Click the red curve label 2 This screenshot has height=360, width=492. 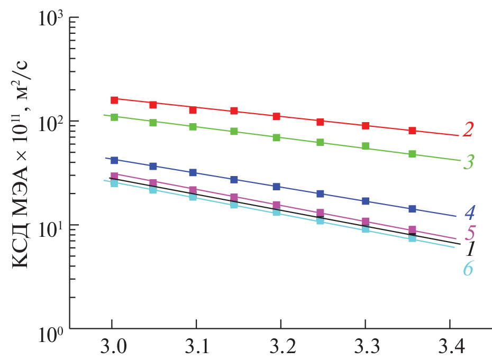467,130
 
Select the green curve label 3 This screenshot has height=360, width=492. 468,163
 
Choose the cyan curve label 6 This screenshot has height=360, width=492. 468,269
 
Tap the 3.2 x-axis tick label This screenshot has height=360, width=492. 280,348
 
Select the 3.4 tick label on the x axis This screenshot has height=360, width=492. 448,348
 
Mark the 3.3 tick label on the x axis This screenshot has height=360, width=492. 365,348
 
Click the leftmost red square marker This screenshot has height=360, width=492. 114,100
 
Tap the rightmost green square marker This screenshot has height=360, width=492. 412,154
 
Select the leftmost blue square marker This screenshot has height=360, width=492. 114,160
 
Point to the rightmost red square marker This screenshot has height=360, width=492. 412,131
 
